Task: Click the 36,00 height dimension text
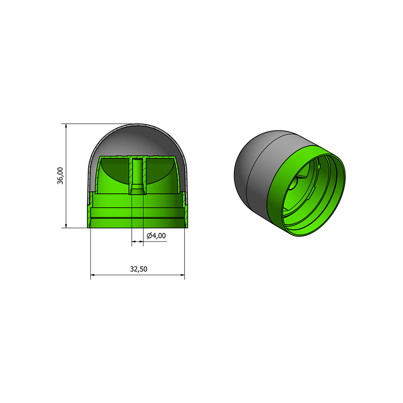point(60,176)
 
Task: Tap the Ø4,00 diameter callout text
point(156,236)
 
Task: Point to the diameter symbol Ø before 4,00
point(149,236)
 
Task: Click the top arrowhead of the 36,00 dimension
point(66,126)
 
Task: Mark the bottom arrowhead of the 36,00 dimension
point(66,225)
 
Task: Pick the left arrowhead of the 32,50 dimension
point(93,276)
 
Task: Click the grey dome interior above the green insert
point(137,139)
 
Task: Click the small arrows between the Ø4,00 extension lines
point(138,241)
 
